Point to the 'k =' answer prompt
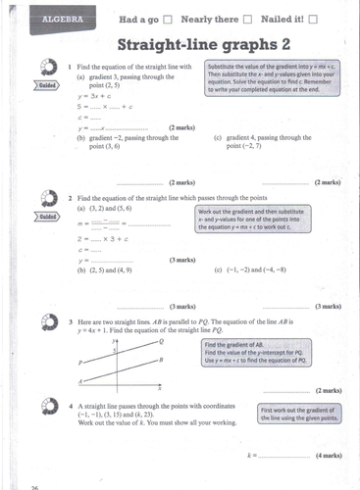255,457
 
